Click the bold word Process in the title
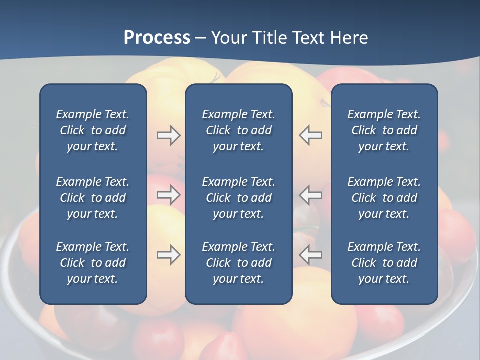click(157, 38)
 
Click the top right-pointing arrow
click(168, 135)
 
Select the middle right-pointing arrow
click(168, 195)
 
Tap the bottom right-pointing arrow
click(168, 255)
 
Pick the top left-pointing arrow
click(311, 135)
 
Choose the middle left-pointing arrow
click(311, 195)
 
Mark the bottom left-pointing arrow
click(311, 255)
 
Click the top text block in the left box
click(93, 130)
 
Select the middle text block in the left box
click(93, 198)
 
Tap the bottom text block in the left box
click(93, 263)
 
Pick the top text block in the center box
click(238, 130)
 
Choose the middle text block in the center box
click(238, 198)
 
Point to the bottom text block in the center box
click(238, 263)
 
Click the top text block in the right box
click(384, 130)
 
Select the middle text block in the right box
click(384, 198)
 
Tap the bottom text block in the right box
click(384, 263)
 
